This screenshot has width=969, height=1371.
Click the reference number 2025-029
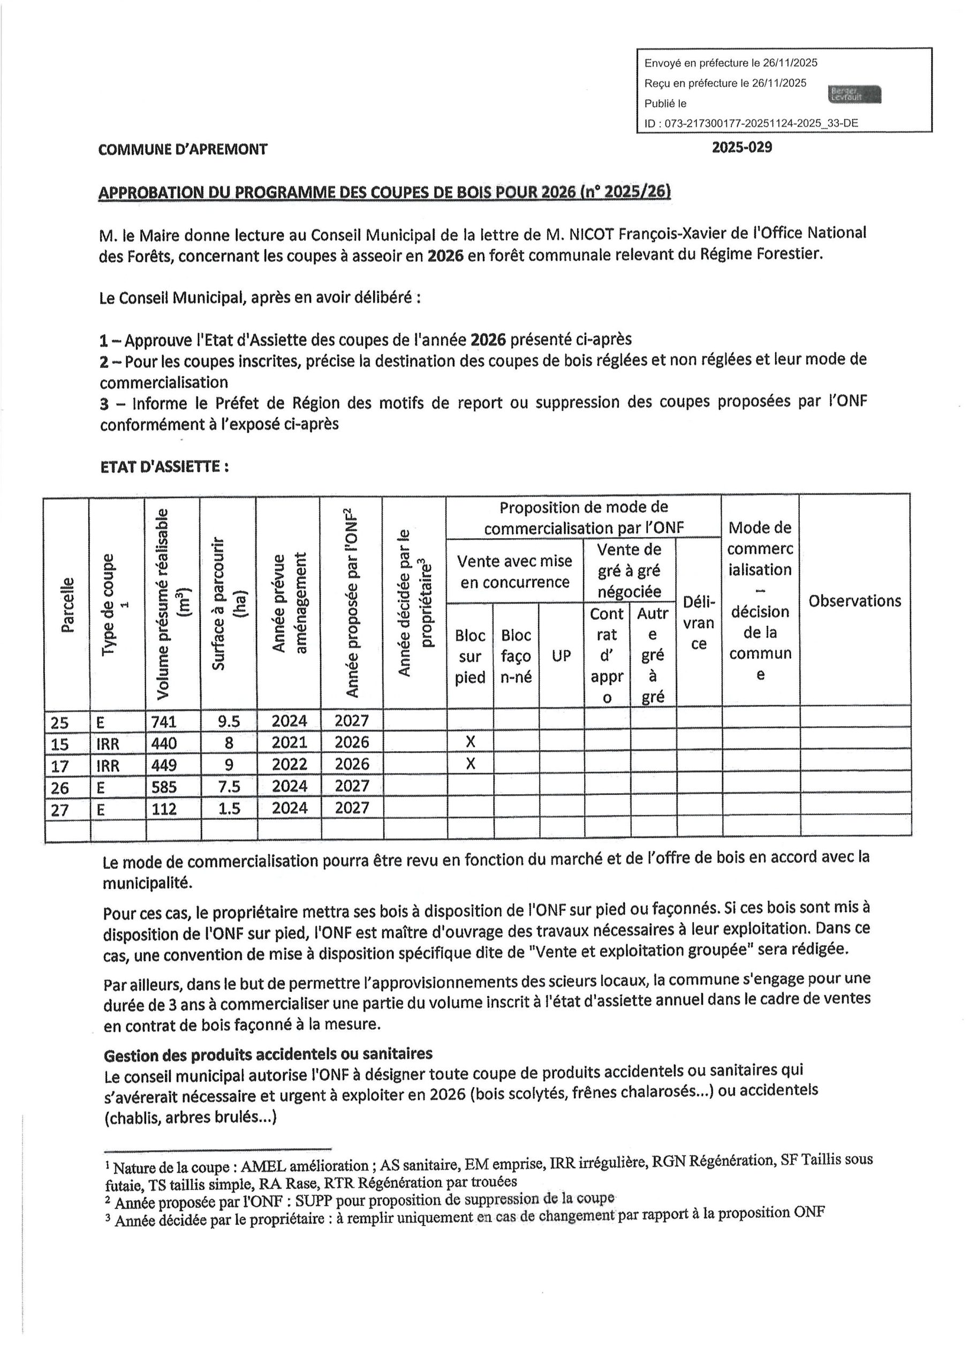[741, 147]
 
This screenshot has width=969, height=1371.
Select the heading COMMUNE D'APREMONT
[183, 149]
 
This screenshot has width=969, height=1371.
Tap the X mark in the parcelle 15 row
[470, 742]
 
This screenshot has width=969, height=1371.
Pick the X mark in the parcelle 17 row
[470, 764]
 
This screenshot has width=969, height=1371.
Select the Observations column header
[854, 601]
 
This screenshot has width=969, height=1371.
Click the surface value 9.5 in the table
[228, 721]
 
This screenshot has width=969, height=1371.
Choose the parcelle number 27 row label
[60, 810]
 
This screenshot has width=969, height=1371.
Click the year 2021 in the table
[290, 743]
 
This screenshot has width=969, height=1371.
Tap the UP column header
[561, 656]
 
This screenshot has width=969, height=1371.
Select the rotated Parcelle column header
[67, 604]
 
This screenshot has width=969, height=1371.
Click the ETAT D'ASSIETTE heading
[164, 467]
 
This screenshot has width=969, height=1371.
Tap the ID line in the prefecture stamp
[751, 124]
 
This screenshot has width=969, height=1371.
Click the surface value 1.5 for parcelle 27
[228, 809]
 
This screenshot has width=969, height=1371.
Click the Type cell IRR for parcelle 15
[108, 744]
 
